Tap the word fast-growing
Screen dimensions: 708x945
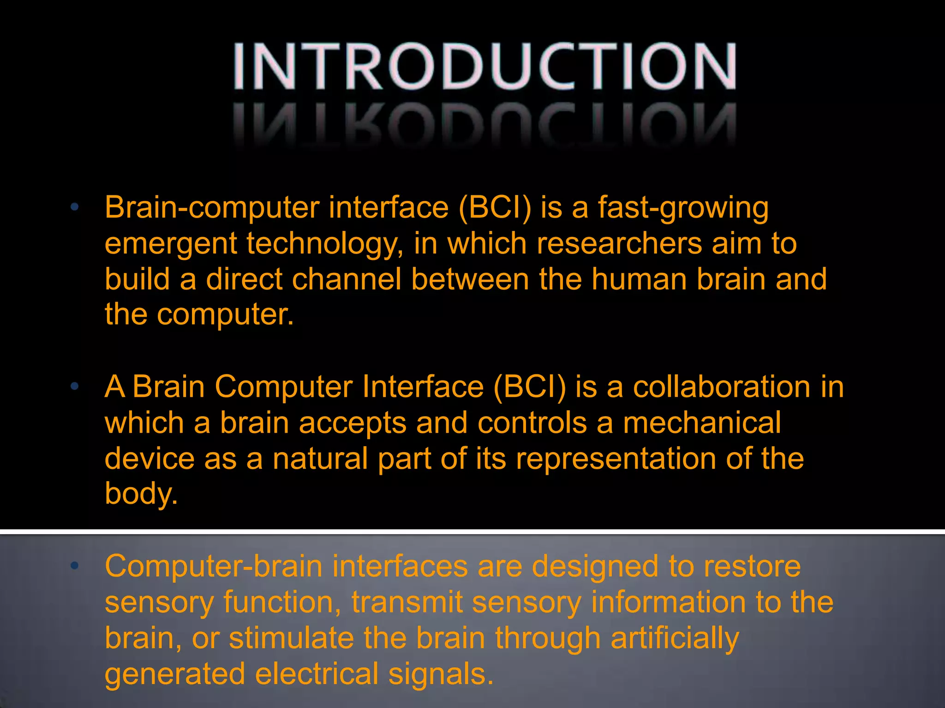pyautogui.click(x=683, y=208)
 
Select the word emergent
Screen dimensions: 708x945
pyautogui.click(x=171, y=244)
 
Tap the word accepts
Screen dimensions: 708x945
pyautogui.click(x=353, y=423)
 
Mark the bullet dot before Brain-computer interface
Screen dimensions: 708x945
pyautogui.click(x=75, y=207)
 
